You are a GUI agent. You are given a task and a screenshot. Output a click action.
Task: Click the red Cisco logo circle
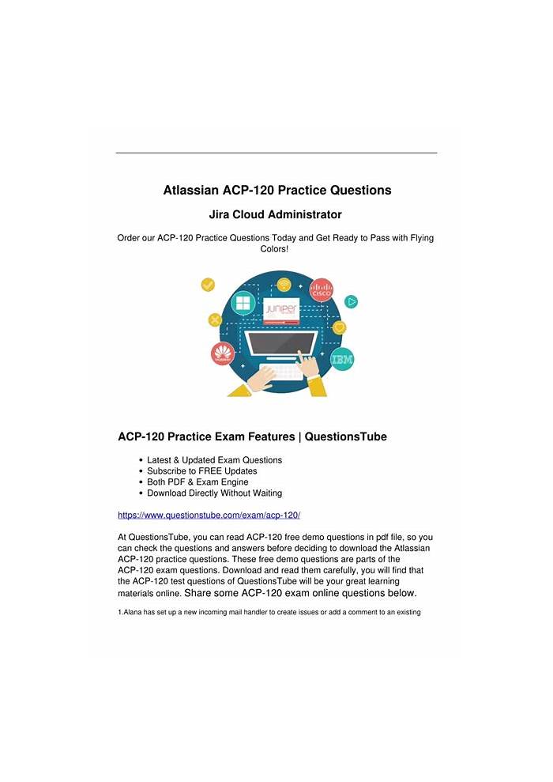coord(321,290)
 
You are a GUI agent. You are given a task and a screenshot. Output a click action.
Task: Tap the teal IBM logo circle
coord(341,359)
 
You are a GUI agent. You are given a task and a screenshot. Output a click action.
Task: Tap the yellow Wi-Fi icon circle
coord(283,284)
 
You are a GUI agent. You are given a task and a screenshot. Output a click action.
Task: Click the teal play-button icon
coord(352,301)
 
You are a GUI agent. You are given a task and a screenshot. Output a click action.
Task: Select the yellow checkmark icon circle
coord(209,285)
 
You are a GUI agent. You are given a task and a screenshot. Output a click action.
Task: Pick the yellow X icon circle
coord(214,320)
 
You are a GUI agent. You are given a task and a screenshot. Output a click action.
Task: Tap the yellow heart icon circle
coord(340,327)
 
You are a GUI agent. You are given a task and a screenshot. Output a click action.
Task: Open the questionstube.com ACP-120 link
coord(209,515)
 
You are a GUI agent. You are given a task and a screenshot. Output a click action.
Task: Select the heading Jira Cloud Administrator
coord(275,214)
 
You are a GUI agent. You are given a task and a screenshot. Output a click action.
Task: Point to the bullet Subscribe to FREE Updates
coord(201,471)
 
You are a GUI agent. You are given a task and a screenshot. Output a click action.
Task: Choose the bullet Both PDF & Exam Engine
coord(197,482)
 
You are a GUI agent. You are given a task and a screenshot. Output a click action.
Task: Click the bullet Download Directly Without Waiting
coord(214,493)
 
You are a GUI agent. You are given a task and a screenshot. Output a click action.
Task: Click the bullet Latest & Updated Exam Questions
coord(214,460)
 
